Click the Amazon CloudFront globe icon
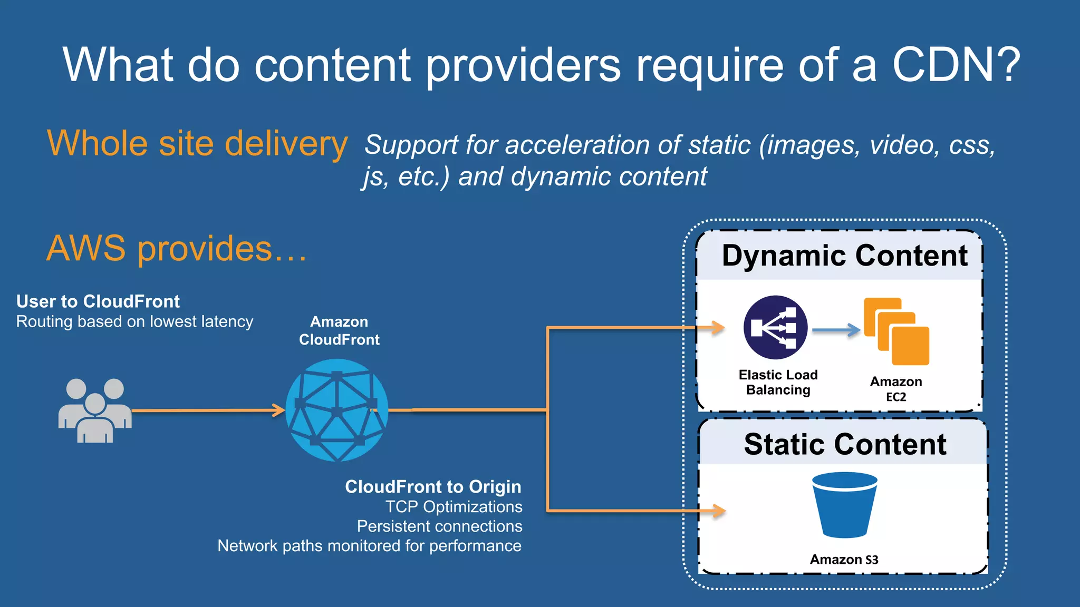[x=337, y=410]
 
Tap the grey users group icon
[x=95, y=410]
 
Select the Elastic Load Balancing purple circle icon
[x=775, y=328]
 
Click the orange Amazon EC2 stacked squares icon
[x=896, y=331]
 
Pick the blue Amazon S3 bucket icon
[x=845, y=505]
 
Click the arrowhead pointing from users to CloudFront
[x=278, y=410]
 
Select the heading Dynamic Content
[x=844, y=256]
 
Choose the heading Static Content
[x=845, y=444]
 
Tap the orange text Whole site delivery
[x=197, y=143]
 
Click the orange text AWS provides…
[x=177, y=248]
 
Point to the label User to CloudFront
[x=98, y=301]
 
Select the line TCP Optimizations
[x=454, y=506]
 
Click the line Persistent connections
[x=439, y=526]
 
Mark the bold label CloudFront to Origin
[x=433, y=486]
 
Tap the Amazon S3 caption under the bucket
[x=844, y=559]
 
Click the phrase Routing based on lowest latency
[x=134, y=321]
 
